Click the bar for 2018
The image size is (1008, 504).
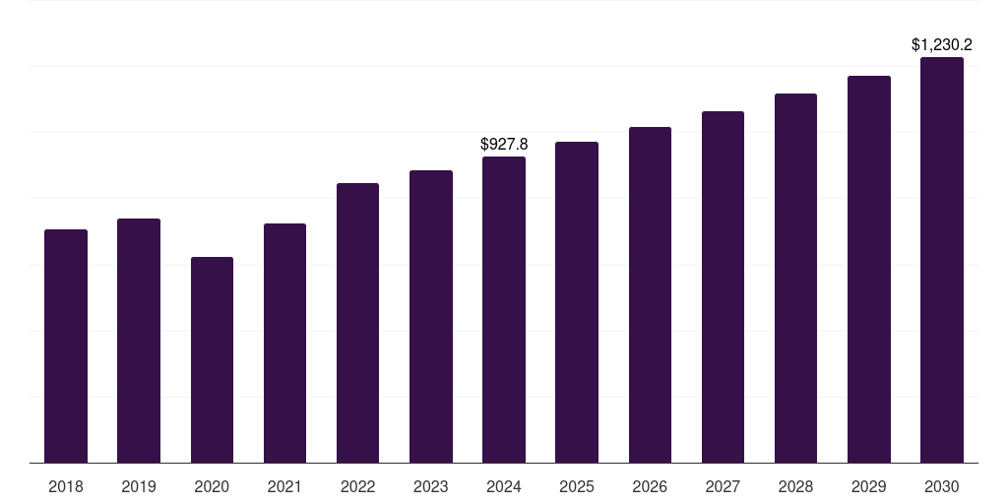[66, 346]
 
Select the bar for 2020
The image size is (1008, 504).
[212, 359]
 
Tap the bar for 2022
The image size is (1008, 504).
[357, 323]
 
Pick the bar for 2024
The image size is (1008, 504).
[504, 309]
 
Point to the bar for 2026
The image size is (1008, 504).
[650, 294]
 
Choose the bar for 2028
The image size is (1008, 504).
[795, 278]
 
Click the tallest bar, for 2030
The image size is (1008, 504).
[942, 260]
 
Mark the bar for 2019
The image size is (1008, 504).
[139, 341]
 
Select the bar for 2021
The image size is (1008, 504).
[284, 343]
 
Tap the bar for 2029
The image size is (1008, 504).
[869, 269]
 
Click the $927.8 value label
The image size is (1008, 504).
[504, 144]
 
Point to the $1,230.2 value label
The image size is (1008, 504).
[942, 44]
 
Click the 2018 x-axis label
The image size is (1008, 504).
[66, 486]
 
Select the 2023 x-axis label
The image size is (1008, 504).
[431, 486]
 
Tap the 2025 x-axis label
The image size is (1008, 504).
[577, 486]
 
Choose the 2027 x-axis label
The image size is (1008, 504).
[723, 486]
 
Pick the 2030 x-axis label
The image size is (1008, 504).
[942, 486]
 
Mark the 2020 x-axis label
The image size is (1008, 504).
[212, 486]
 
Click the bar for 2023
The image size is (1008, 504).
[431, 316]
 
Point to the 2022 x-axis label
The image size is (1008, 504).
[357, 486]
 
